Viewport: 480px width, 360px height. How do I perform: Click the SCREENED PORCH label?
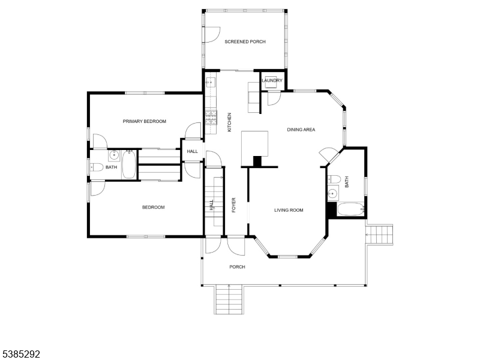(245, 41)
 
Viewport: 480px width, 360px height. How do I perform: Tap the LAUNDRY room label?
(272, 80)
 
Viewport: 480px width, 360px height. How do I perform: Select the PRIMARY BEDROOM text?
(145, 121)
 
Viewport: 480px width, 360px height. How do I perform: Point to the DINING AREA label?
(301, 130)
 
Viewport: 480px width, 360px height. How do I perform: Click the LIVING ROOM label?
(289, 210)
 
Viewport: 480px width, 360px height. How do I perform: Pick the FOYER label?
(233, 205)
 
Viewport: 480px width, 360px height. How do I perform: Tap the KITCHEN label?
(229, 122)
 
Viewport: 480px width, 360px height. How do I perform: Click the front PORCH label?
(237, 267)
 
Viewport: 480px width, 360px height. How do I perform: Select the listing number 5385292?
(20, 355)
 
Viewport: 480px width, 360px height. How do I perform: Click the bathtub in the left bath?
(129, 164)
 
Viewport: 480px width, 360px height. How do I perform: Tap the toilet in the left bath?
(97, 167)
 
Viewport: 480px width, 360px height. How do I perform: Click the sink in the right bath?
(332, 193)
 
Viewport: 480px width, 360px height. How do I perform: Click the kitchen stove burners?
(211, 118)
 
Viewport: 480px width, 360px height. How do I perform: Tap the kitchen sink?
(211, 82)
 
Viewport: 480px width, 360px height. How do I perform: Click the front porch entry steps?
(229, 299)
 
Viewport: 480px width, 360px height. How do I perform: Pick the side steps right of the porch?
(380, 235)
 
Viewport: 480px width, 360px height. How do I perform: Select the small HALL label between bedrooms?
(192, 151)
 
